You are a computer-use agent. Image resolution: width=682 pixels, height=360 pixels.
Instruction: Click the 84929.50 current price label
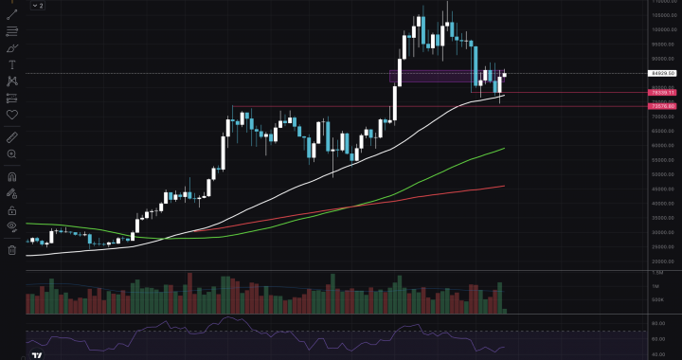coord(661,73)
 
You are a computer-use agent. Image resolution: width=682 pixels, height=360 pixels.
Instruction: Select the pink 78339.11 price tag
coord(661,92)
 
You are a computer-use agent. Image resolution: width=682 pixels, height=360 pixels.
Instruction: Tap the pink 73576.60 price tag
coord(661,106)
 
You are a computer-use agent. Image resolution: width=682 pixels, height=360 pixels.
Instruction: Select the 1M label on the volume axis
coord(655,285)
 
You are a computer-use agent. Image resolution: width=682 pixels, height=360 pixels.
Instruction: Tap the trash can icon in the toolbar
coord(12,250)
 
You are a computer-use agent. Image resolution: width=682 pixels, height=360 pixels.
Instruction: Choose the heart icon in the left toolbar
coord(12,115)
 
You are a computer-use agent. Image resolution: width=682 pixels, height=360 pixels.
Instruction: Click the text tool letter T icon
coord(12,64)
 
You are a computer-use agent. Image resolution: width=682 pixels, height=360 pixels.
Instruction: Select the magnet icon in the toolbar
coord(12,176)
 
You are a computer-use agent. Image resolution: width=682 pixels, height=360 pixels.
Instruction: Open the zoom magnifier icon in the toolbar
coord(12,153)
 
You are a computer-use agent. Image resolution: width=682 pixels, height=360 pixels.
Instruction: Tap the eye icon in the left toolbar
coord(12,227)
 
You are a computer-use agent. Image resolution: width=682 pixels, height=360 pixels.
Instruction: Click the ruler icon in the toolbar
coord(12,137)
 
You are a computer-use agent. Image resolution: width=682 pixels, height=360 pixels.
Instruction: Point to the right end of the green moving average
coord(504,149)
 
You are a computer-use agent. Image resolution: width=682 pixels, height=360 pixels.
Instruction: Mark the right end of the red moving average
coord(504,187)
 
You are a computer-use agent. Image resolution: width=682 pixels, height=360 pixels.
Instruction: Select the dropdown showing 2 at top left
coord(37,6)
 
